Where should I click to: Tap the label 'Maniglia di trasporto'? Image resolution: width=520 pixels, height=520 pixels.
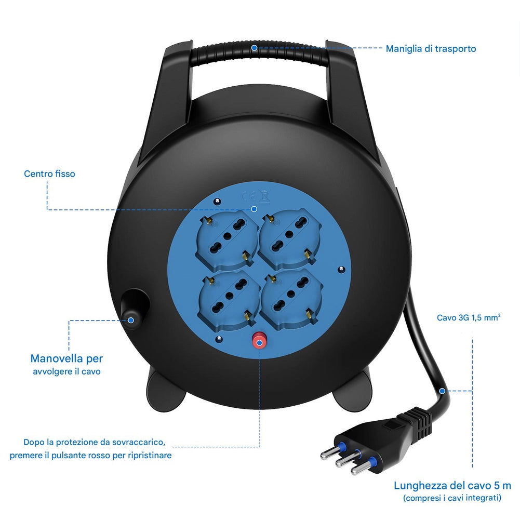coord(431,49)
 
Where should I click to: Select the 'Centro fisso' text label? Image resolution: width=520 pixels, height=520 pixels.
coord(49,174)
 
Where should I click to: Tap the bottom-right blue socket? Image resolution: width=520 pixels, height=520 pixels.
coord(291,299)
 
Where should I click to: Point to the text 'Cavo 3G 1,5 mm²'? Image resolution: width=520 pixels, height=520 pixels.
coord(468,318)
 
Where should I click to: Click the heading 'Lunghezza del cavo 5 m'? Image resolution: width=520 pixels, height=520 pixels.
coord(452,486)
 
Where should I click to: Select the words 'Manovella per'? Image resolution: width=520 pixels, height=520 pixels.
coord(66,358)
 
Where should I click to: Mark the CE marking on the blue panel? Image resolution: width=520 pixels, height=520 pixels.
coord(248,197)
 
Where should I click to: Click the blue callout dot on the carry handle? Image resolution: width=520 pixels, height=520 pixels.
coord(254,48)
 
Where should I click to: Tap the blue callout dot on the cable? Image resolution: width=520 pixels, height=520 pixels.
coord(442,391)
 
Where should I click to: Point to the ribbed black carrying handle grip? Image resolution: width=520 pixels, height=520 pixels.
coord(260,53)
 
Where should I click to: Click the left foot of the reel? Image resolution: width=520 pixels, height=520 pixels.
coord(166,391)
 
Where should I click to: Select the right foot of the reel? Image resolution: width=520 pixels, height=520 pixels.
coord(353,391)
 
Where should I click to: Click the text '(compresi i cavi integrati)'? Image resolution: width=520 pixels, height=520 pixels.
coord(452,498)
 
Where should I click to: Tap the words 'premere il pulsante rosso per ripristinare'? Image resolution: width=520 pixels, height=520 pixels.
coord(90,456)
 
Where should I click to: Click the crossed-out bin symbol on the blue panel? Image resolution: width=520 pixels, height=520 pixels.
coord(264,196)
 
